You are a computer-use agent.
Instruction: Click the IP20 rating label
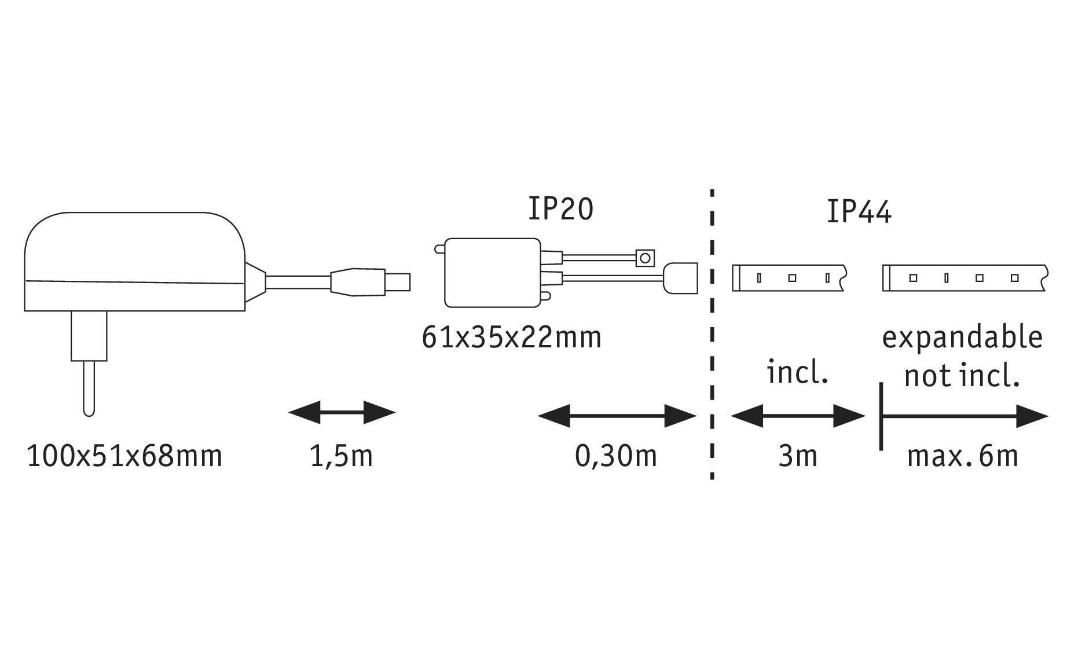[x=560, y=210]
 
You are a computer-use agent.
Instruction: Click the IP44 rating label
[x=859, y=212]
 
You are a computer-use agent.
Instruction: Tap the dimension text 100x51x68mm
[x=124, y=456]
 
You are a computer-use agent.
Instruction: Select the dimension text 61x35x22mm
[x=512, y=338]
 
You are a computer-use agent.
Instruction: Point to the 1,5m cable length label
[x=341, y=456]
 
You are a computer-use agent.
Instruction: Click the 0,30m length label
[x=616, y=456]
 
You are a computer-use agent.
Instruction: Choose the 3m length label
[x=797, y=456]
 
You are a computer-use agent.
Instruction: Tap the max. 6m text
[x=962, y=456]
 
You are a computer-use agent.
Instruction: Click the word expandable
[x=962, y=338]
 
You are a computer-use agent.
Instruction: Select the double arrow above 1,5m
[x=342, y=413]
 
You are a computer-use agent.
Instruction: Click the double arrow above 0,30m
[x=617, y=416]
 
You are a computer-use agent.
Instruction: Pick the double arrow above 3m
[x=798, y=416]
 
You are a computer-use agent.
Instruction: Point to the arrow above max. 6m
[x=964, y=416]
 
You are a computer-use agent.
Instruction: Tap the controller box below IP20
[x=492, y=273]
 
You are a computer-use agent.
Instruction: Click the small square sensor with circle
[x=645, y=258]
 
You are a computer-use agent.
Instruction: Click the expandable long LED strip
[x=964, y=278]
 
